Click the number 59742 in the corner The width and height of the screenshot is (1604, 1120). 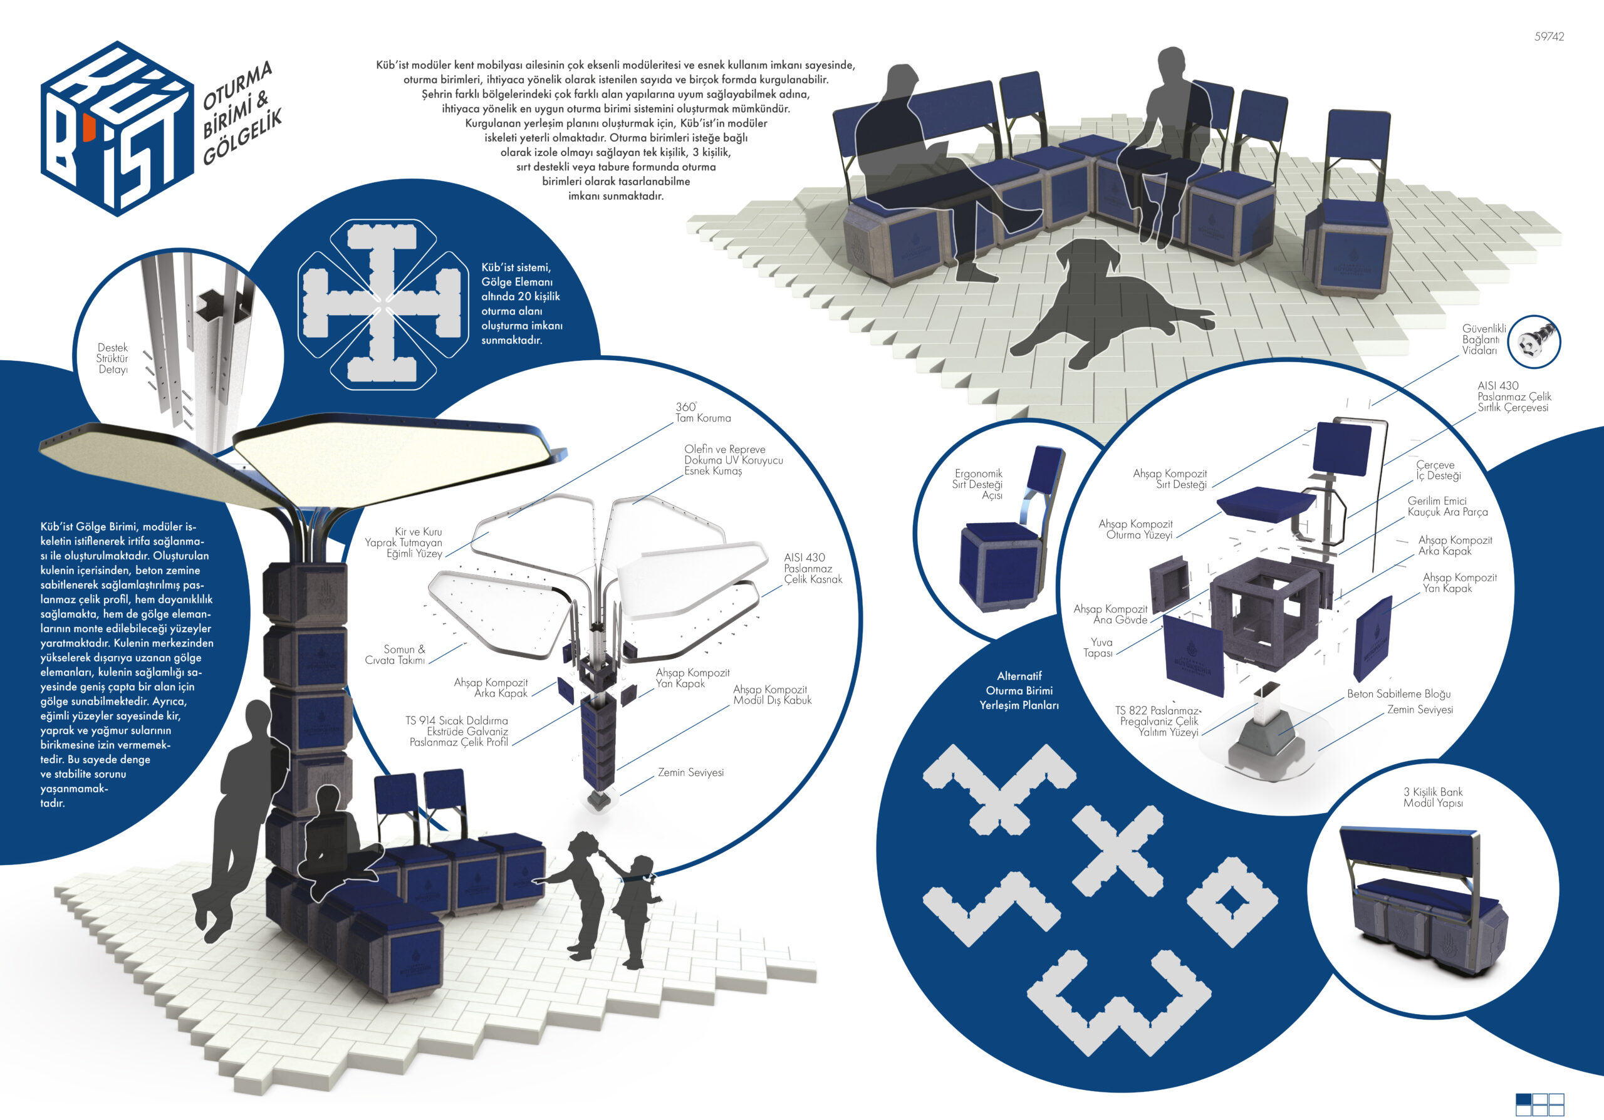coord(1549,36)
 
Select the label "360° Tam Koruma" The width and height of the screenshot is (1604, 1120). coord(703,412)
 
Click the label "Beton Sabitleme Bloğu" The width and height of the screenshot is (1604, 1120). coord(1398,693)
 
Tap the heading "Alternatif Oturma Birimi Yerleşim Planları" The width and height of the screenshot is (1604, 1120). coord(1019,690)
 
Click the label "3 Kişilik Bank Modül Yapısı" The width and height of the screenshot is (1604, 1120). coord(1433,797)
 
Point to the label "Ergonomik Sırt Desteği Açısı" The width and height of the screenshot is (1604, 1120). coord(977,484)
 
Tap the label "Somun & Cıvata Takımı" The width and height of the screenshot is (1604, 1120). coord(395,654)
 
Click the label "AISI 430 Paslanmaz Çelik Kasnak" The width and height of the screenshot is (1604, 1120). coord(813,568)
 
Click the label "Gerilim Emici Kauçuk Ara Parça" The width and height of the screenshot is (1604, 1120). coord(1447,506)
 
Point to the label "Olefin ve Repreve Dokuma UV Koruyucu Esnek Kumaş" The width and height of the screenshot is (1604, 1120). coord(734,459)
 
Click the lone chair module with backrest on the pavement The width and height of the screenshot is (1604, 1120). coord(1346,202)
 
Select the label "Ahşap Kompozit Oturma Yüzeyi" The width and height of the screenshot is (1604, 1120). coord(1135,529)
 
